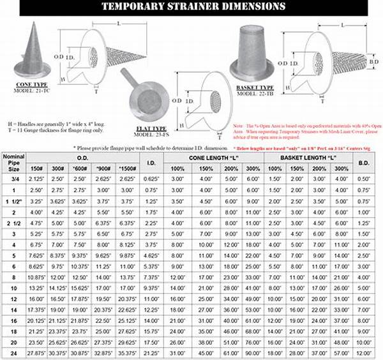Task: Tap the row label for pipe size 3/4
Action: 13,179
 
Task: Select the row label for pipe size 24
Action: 13,353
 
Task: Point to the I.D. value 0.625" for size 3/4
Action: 151,179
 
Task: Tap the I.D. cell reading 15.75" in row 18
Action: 151,331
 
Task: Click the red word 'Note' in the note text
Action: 239,126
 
